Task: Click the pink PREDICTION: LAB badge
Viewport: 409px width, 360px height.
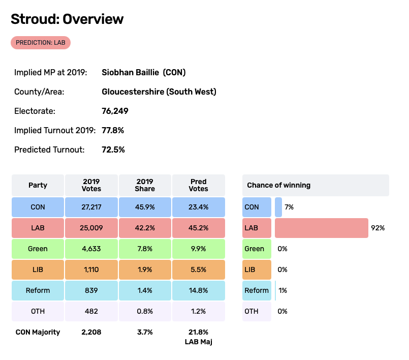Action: click(41, 43)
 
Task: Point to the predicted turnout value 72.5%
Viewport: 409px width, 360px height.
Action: click(113, 149)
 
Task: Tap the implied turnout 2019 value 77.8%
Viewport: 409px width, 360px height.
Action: click(113, 130)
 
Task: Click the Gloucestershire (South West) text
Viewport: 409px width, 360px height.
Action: click(159, 92)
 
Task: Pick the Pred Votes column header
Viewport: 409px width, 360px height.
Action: click(198, 185)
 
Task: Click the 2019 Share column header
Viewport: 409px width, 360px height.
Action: click(144, 185)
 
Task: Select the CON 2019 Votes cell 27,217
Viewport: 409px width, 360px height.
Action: click(91, 207)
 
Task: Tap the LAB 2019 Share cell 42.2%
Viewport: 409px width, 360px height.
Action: click(144, 228)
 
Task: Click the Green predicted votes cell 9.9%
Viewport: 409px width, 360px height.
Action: click(198, 249)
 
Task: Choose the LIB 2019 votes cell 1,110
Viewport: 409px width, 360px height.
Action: click(91, 269)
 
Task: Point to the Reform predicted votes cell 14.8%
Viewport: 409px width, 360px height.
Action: click(198, 290)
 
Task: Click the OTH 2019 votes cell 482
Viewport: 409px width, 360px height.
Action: click(91, 311)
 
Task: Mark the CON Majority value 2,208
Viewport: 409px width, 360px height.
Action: click(91, 332)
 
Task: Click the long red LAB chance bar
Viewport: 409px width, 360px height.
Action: click(321, 228)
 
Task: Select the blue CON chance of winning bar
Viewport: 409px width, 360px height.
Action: click(278, 207)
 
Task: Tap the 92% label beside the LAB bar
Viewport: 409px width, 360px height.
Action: click(378, 228)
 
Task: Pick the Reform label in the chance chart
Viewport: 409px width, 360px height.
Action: click(257, 290)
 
